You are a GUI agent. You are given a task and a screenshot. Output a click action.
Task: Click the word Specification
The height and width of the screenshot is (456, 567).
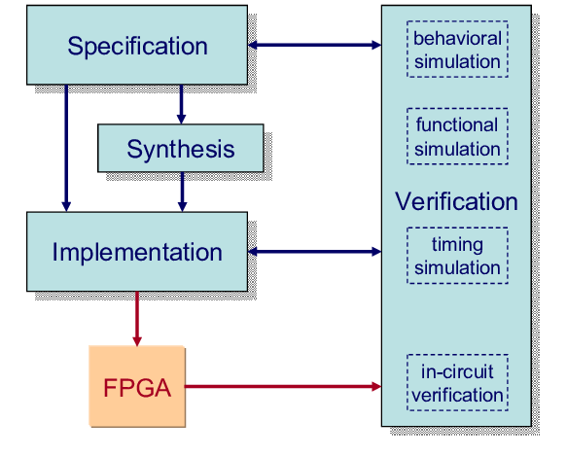[x=137, y=47]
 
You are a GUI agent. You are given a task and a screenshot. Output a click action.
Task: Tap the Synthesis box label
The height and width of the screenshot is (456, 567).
[x=181, y=149]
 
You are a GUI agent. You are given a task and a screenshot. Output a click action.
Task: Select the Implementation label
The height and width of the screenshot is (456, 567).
[x=137, y=252]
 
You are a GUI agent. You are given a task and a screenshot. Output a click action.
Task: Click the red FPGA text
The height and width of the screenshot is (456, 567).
[x=137, y=388]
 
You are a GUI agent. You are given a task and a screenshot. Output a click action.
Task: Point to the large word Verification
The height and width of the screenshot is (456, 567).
[x=456, y=201]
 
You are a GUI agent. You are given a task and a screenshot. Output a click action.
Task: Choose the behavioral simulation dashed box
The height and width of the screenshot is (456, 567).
[x=457, y=50]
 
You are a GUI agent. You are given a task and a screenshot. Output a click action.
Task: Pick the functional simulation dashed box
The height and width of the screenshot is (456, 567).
[x=457, y=136]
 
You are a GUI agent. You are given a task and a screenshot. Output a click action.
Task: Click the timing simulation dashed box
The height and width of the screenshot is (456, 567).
[x=457, y=256]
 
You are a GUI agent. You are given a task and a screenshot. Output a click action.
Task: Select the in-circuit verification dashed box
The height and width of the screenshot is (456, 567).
[x=457, y=382]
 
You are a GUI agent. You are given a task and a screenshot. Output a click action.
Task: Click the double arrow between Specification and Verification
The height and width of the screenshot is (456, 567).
[x=314, y=45]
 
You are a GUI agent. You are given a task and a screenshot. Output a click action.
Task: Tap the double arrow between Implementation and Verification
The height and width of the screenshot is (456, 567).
[x=314, y=252]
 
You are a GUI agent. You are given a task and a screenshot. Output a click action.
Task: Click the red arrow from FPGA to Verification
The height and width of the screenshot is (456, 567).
[x=283, y=387]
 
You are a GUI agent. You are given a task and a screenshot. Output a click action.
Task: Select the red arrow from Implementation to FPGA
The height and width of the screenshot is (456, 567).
[x=137, y=319]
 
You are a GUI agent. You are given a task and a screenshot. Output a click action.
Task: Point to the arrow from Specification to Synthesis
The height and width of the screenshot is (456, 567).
[x=182, y=104]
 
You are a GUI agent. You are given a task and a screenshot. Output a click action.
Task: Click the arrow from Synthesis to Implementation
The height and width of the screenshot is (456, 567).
[x=182, y=192]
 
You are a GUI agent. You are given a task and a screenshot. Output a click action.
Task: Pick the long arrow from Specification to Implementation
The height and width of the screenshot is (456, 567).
[x=66, y=148]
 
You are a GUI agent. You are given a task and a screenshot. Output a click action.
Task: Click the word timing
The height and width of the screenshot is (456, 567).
[x=457, y=245]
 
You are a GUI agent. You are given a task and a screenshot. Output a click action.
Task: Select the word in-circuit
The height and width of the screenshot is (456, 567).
[x=457, y=371]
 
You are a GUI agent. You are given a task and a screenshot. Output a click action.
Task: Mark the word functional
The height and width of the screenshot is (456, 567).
[x=457, y=125]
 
